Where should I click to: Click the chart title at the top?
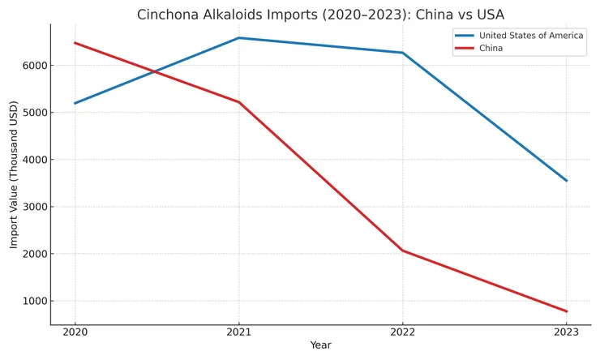pos(320,15)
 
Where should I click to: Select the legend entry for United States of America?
pos(530,36)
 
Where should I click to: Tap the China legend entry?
pos(491,49)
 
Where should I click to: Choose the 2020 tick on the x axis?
pos(75,332)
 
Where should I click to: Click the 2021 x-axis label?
pos(238,332)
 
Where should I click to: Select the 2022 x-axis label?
pos(402,332)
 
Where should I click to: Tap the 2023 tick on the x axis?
pos(566,332)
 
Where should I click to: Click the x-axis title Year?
pos(320,345)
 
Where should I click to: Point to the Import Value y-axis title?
pos(14,174)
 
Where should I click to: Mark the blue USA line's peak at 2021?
pos(238,38)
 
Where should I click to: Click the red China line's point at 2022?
pos(402,251)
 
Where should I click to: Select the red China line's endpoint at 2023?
pos(566,311)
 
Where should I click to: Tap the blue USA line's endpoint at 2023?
pos(566,181)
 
